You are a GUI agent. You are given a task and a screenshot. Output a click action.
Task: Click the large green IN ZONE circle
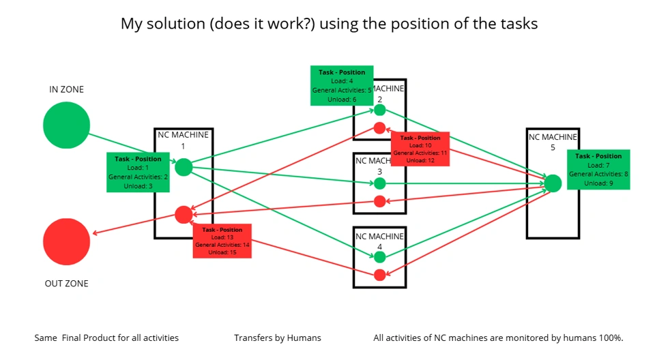pyautogui.click(x=66, y=125)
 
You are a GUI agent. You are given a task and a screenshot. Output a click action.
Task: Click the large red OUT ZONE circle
pyautogui.click(x=66, y=241)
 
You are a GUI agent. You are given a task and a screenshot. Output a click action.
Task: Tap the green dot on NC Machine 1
pyautogui.click(x=184, y=167)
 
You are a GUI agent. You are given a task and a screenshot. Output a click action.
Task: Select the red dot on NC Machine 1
pyautogui.click(x=183, y=215)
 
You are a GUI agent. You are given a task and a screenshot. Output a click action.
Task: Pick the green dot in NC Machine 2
pyautogui.click(x=380, y=110)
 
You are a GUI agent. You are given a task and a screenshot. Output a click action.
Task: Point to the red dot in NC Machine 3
pyautogui.click(x=380, y=201)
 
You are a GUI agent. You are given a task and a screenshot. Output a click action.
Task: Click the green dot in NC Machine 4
pyautogui.click(x=380, y=257)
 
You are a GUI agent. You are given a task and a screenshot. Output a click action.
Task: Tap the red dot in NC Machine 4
pyautogui.click(x=380, y=275)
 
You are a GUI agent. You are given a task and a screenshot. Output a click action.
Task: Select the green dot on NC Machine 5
pyautogui.click(x=553, y=183)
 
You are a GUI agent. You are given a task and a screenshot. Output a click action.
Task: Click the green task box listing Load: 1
pyautogui.click(x=138, y=172)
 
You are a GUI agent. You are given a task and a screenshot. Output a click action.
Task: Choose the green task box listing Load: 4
pyautogui.click(x=341, y=85)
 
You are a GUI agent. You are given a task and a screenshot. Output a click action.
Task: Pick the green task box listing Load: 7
pyautogui.click(x=598, y=169)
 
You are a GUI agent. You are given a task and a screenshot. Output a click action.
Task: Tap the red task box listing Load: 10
pyautogui.click(x=420, y=149)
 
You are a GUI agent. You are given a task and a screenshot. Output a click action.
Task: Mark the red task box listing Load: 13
pyautogui.click(x=222, y=241)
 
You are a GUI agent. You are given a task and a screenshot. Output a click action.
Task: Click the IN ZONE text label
pyautogui.click(x=66, y=89)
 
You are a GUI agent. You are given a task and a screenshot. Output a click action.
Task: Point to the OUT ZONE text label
pyautogui.click(x=66, y=284)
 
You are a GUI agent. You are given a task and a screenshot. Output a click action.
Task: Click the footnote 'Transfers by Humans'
pyautogui.click(x=277, y=337)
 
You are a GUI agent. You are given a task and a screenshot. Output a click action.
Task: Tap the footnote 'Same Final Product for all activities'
pyautogui.click(x=106, y=337)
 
